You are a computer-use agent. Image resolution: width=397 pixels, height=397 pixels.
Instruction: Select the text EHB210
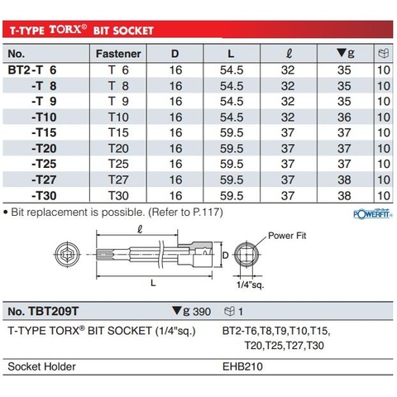(243, 365)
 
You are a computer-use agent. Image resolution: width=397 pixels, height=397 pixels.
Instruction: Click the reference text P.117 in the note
(191, 212)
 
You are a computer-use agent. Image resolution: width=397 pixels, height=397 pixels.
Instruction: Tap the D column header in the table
(175, 55)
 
